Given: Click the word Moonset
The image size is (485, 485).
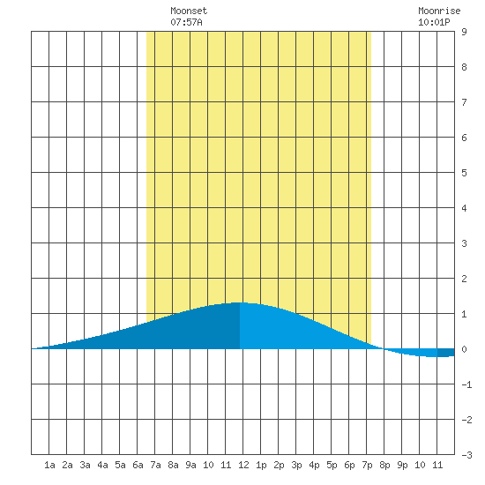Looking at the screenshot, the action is [189, 11].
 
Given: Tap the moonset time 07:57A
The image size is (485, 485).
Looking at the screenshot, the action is [186, 22].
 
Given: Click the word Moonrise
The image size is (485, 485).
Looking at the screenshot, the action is [439, 11].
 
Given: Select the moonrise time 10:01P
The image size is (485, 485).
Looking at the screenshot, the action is [434, 22].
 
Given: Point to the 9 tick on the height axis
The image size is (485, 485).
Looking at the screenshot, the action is [464, 32].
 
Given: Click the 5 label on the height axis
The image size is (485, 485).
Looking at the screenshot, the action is [464, 173].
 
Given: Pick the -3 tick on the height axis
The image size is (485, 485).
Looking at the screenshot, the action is [466, 455].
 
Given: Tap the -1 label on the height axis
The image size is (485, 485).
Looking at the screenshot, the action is [466, 384].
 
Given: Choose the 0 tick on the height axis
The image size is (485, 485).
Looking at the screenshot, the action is [464, 349].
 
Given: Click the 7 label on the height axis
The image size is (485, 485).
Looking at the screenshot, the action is [464, 102].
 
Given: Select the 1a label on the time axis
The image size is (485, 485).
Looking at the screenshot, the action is [49, 465].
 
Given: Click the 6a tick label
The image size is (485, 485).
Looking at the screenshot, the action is [138, 465].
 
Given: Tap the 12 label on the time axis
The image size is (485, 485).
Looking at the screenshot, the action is [243, 465].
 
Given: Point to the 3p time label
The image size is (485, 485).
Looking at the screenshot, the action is [296, 465].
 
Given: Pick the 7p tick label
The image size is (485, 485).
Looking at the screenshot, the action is [367, 465].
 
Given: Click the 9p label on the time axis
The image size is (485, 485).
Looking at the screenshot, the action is [402, 465].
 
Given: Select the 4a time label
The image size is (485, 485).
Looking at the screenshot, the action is [102, 465].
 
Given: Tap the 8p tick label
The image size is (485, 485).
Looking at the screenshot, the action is [384, 465].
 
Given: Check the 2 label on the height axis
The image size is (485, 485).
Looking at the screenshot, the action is [464, 279].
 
